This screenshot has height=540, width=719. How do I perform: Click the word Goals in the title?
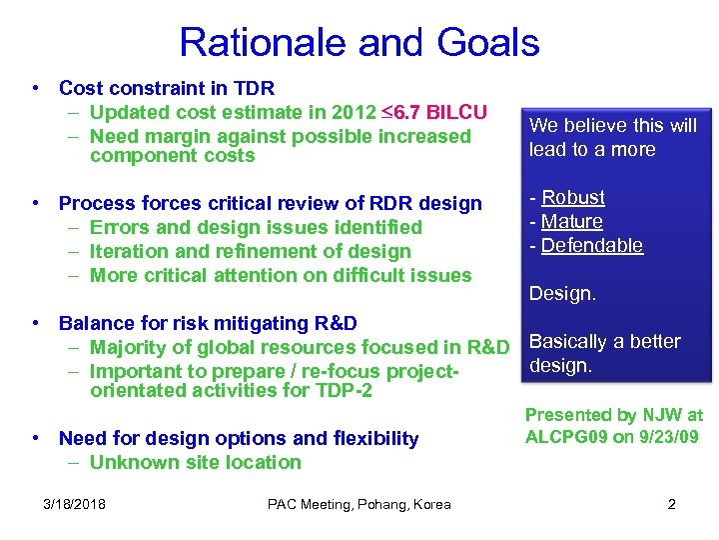pyautogui.click(x=488, y=43)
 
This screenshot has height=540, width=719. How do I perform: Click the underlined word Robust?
pyautogui.click(x=573, y=198)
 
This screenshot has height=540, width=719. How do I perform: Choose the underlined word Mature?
pyautogui.click(x=572, y=222)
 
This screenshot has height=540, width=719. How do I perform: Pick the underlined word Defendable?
pyautogui.click(x=592, y=246)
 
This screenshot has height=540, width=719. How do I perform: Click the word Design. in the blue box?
pyautogui.click(x=562, y=294)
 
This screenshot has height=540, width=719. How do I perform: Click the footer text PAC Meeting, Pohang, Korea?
pyautogui.click(x=359, y=504)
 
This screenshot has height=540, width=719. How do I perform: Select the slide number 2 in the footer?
pyautogui.click(x=671, y=504)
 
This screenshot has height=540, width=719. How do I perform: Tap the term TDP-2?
pyautogui.click(x=340, y=391)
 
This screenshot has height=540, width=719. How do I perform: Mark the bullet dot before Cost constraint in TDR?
pyautogui.click(x=36, y=88)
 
